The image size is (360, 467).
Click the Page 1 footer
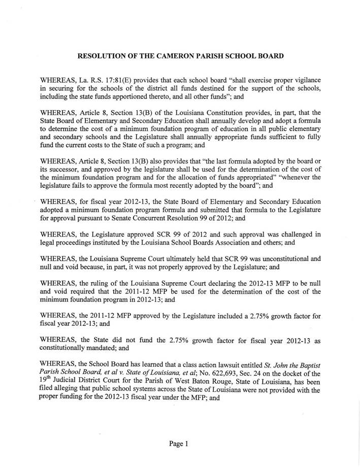179,443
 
